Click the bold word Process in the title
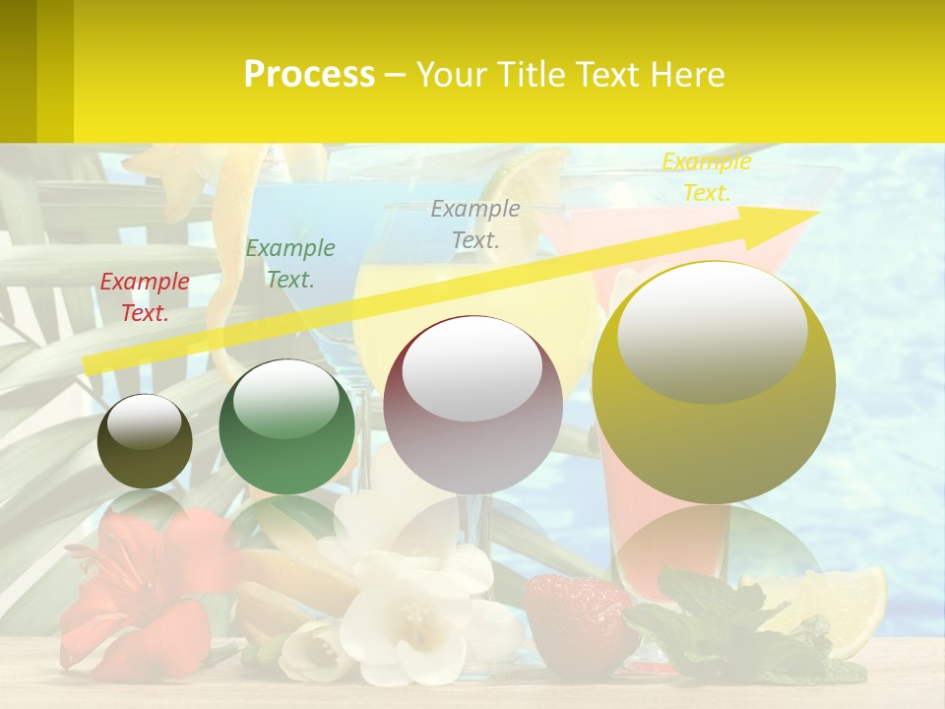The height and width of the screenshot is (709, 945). (309, 74)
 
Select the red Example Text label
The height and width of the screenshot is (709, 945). (145, 297)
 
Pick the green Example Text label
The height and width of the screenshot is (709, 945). (289, 264)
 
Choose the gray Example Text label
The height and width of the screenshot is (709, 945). (475, 224)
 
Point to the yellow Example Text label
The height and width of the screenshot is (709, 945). (706, 177)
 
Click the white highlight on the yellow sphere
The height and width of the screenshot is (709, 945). (713, 330)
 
